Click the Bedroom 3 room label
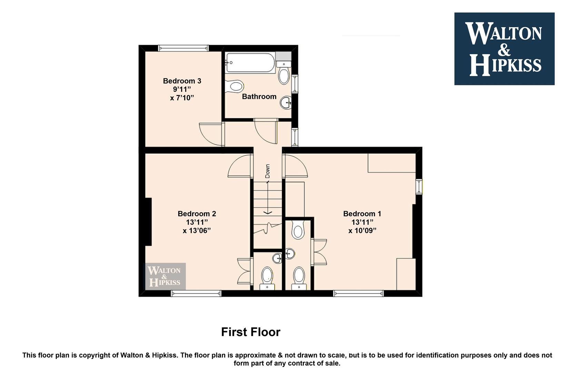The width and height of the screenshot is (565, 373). pos(182,81)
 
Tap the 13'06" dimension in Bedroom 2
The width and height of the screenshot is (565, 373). pos(197,231)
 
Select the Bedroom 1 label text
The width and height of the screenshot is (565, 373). pos(362,214)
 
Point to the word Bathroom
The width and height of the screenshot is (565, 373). pos(259,96)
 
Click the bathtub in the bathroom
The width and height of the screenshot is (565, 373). pos(250,63)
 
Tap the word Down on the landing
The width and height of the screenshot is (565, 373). pos(268,171)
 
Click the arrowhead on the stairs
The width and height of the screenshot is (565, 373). pos(268,213)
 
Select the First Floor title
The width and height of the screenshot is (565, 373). pos(251,332)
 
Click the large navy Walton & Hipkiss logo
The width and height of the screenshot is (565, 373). pos(504,49)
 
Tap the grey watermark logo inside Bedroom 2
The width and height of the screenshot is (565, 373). pos(165,276)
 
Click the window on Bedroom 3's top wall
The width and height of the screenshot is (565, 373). pos(184,48)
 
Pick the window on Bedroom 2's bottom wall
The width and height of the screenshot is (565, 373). pos(196,293)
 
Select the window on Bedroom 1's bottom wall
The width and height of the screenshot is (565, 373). pos(358,293)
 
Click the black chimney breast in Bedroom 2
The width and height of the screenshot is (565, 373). pos(148,222)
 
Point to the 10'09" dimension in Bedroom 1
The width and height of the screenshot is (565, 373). pos(362,231)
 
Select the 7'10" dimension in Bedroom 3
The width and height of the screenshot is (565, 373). pos(182,98)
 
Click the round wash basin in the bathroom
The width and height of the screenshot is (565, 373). pos(286,103)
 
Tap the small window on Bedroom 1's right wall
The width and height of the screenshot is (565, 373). pos(419,186)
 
